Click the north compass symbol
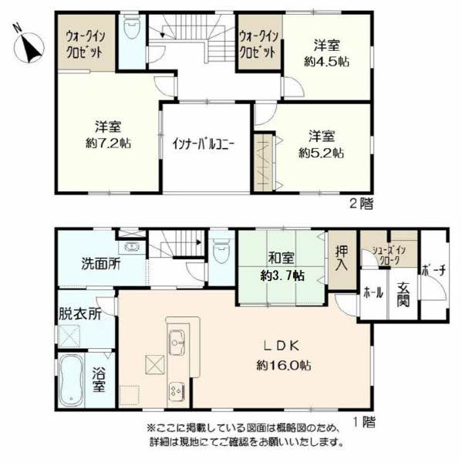coord(29,46)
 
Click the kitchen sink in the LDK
coord(177,342)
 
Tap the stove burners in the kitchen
coord(177,391)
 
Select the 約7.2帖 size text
coord(108,144)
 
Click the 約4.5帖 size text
coord(326,62)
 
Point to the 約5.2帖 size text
coord(321,153)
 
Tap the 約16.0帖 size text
coord(283,366)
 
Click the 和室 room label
coord(281,258)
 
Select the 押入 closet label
coord(342,259)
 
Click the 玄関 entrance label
coord(403,295)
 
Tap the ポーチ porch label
coord(433,270)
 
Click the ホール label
coord(373,293)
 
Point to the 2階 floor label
coord(361,204)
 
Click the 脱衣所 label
coord(80,313)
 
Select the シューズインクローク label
coord(389,255)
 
